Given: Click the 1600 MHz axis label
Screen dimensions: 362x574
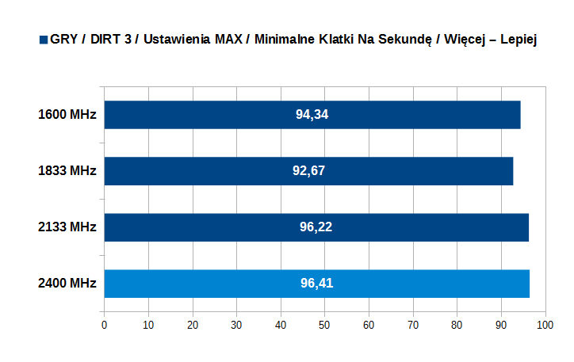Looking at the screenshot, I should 67,115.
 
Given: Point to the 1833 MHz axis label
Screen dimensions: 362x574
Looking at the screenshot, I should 67,171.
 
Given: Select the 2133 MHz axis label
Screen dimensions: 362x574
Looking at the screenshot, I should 67,227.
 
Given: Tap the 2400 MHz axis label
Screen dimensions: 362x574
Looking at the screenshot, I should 67,284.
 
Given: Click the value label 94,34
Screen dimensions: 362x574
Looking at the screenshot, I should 312,115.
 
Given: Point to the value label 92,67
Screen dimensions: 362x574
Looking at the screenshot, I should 308,171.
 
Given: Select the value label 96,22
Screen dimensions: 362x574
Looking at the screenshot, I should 316,227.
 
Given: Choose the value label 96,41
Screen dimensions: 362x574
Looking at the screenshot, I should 316,284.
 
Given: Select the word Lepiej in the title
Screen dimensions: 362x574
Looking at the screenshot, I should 519,40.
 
